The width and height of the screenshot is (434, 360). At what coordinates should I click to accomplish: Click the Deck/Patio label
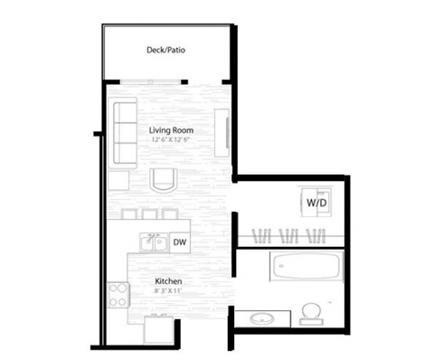click(167, 51)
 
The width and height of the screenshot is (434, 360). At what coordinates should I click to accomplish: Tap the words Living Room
click(172, 130)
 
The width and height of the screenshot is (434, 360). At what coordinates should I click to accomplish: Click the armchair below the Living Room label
click(163, 180)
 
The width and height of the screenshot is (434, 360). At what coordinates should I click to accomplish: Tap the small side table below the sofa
click(118, 179)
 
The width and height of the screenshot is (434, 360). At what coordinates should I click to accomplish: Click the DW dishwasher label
click(179, 242)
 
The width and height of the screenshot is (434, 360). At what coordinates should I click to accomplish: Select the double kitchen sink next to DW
click(153, 242)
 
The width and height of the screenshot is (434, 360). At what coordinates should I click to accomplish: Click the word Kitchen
click(168, 282)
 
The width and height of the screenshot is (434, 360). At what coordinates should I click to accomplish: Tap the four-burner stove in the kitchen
click(118, 294)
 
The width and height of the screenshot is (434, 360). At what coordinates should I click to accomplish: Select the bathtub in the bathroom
click(307, 266)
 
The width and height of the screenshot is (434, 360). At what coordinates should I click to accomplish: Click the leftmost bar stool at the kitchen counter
click(126, 213)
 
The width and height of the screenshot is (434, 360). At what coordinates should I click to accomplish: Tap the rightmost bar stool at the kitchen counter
click(169, 213)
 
